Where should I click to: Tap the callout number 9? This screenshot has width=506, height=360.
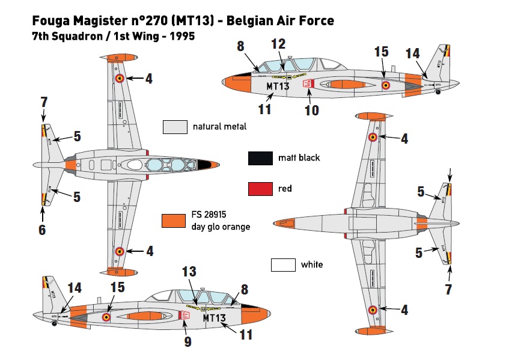187,341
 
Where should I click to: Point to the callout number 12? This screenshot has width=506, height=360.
278,44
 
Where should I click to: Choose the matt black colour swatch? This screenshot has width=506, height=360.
259,158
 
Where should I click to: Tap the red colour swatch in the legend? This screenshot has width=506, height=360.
259,189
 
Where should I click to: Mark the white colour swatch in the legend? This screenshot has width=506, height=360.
282,264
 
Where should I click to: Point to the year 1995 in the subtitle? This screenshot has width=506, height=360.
182,36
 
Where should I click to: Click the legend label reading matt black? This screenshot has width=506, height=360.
299,158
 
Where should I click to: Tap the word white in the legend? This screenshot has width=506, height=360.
311,264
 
